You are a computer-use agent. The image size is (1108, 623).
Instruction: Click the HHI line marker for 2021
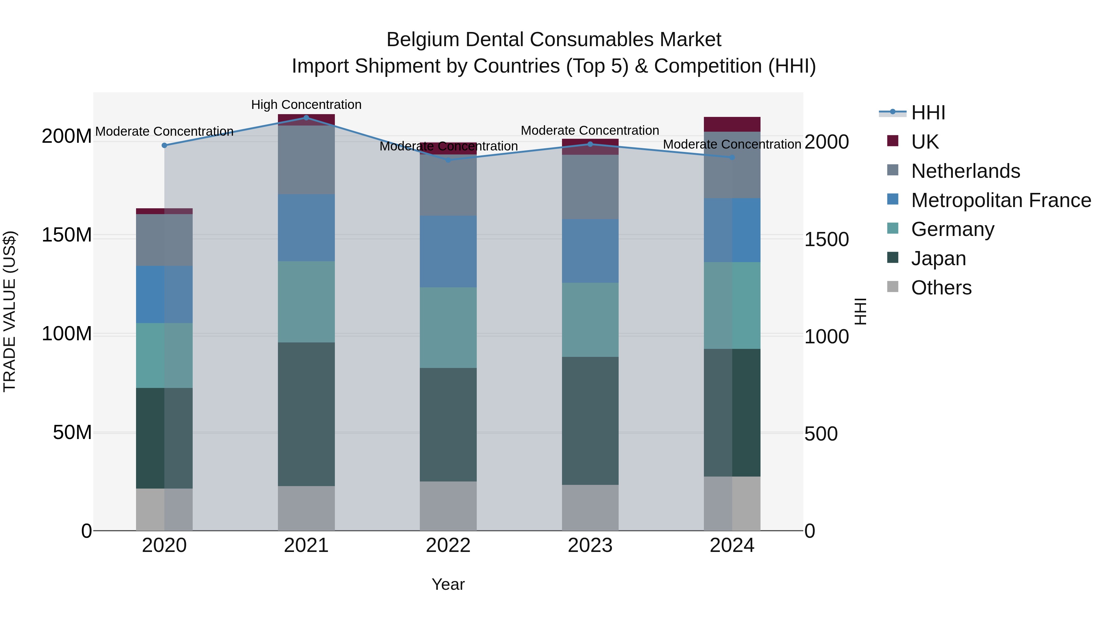coord(306,118)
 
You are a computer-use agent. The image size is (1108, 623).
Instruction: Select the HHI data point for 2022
coord(448,160)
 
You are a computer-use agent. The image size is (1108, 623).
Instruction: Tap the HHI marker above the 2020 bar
coord(164,145)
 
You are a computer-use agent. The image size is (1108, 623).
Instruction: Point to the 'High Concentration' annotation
coord(306,105)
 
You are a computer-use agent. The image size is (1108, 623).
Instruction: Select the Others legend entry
coord(941,288)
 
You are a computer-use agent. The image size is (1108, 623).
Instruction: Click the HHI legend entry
coord(928,113)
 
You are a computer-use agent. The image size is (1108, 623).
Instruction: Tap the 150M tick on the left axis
coord(67,235)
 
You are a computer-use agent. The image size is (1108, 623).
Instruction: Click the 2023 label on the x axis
coord(590,545)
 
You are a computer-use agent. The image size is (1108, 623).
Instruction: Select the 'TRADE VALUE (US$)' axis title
coord(10,311)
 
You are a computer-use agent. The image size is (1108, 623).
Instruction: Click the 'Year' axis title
coord(448,584)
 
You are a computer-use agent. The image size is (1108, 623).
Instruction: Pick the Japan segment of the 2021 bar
coord(306,414)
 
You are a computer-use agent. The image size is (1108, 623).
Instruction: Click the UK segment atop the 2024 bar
coord(732,124)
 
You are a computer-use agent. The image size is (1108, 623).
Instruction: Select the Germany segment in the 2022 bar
coord(448,328)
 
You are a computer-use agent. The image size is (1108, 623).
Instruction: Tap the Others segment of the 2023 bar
coord(590,508)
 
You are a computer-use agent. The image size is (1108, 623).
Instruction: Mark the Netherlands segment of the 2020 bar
coord(164,240)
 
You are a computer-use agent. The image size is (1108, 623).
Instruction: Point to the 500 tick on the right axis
coord(821,434)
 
